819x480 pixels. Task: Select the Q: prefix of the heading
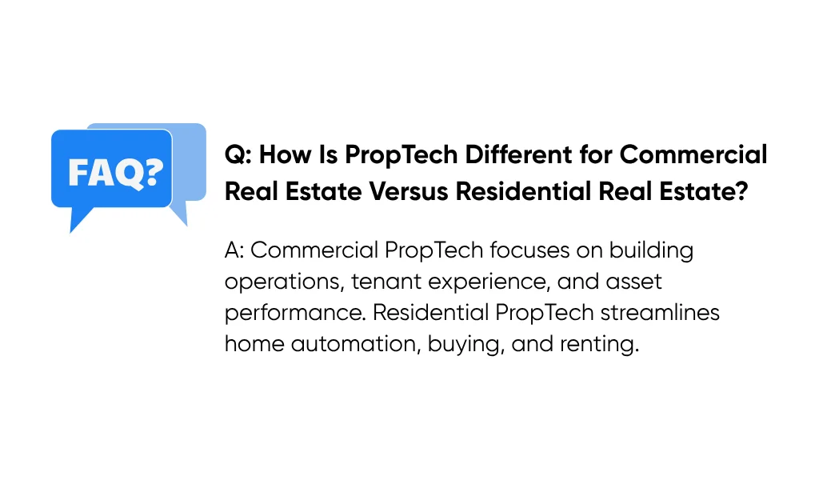tap(238, 154)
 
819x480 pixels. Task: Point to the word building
tap(651, 250)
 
